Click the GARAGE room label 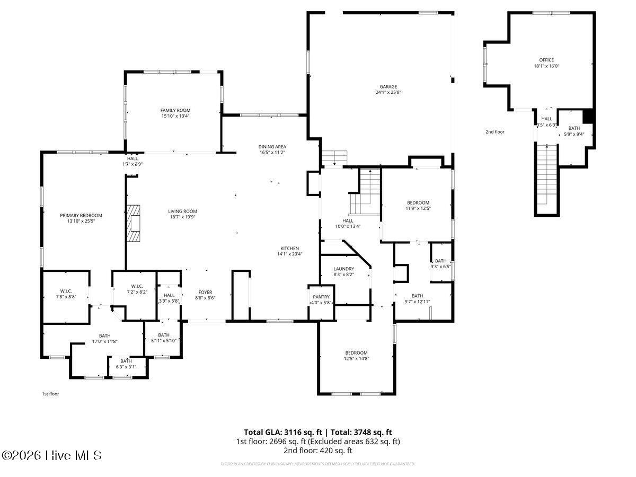[x=388, y=86]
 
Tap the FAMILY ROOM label [x=175, y=110]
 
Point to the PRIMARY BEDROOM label [x=81, y=215]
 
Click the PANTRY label [x=321, y=297]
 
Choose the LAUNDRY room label [x=343, y=269]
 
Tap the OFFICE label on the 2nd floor [x=546, y=60]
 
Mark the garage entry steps [x=334, y=157]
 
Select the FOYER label [x=205, y=292]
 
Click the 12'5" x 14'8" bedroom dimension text [x=356, y=359]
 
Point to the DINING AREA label [x=272, y=146]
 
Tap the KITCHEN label [x=290, y=248]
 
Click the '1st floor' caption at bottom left [x=51, y=394]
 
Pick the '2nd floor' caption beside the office [x=495, y=131]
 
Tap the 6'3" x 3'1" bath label [x=126, y=367]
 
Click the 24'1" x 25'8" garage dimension [x=388, y=92]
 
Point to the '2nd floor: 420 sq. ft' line [x=317, y=450]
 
